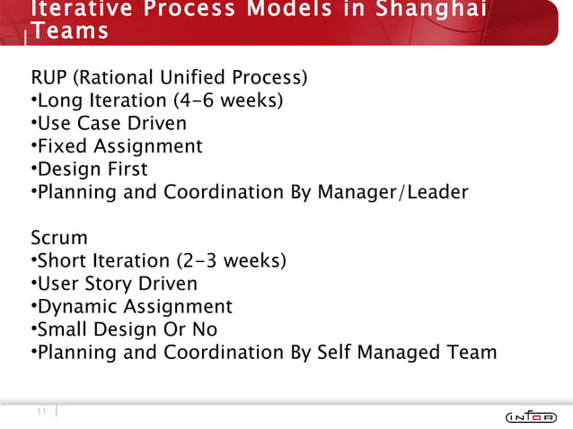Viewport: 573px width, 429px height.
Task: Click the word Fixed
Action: pos(63,145)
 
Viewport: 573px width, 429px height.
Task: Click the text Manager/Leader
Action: pos(392,192)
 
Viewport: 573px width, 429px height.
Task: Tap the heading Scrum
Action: pos(59,238)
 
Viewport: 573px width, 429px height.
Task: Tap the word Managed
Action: pos(405,353)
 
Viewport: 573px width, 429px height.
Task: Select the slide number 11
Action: pos(41,411)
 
